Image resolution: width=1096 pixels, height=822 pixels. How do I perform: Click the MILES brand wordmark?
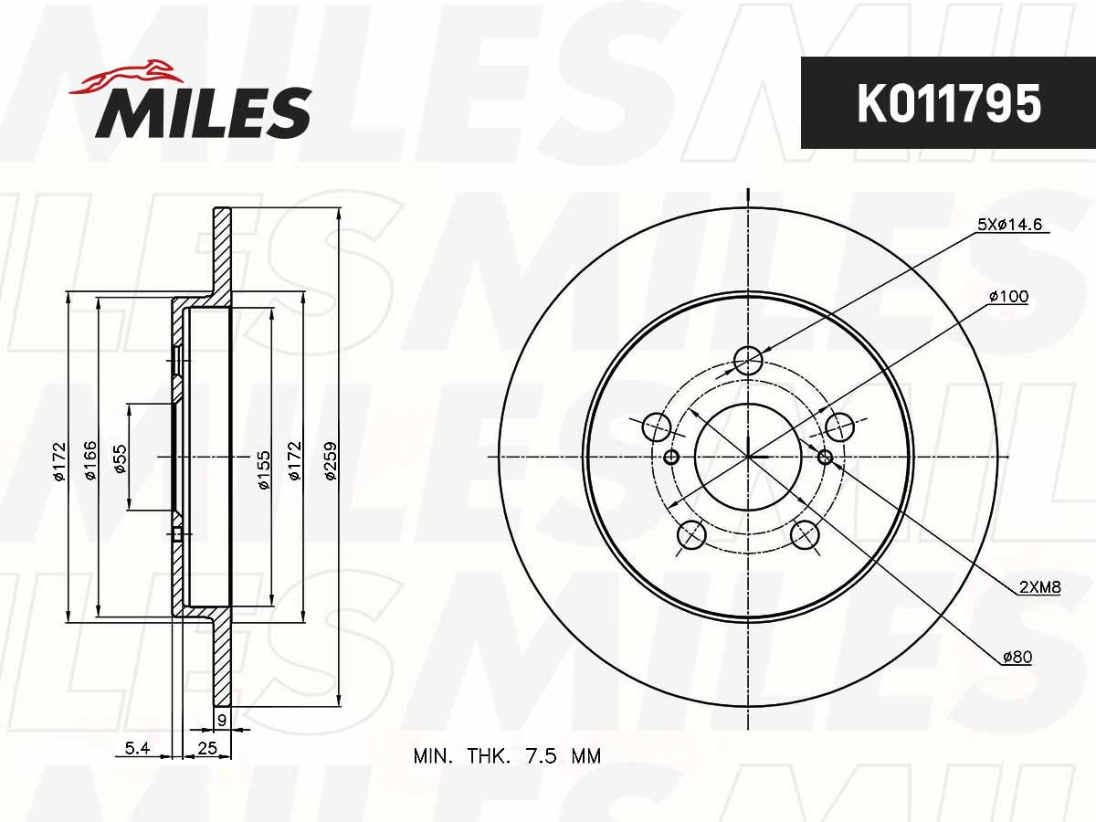203,113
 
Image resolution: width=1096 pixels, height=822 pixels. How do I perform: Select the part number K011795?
948,103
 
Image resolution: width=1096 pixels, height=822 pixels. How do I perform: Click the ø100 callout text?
1007,296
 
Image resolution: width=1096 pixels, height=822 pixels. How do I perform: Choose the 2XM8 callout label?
1039,587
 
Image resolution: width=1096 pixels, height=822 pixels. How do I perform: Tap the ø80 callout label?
1016,657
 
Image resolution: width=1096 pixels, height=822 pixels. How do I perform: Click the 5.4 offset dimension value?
137,749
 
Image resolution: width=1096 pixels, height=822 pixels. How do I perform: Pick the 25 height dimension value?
206,749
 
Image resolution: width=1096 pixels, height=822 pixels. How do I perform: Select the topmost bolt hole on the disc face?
748,361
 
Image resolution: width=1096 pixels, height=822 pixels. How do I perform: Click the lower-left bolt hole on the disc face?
691,535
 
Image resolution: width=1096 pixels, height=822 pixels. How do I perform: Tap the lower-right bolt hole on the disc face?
804,535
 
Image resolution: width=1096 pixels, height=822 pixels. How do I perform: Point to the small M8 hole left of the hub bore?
672,457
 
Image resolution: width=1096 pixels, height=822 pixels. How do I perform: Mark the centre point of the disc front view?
748,456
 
